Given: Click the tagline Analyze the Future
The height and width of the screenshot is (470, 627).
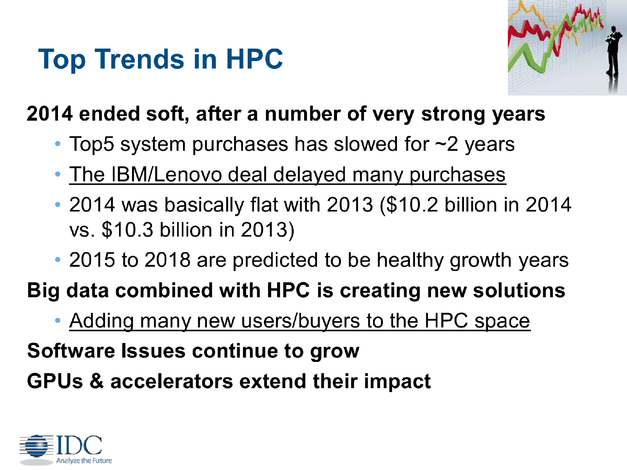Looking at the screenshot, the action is tap(84, 461).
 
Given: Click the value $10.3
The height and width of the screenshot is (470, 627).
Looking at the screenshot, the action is tap(128, 230).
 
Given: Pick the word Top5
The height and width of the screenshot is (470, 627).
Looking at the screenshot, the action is tap(92, 145).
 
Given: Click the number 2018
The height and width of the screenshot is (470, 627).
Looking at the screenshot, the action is tap(167, 260).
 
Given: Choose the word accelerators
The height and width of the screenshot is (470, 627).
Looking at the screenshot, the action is tap(172, 381).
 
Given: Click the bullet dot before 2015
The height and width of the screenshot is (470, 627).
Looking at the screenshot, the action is tap(58, 260).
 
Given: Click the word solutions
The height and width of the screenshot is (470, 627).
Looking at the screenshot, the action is tap(519, 291).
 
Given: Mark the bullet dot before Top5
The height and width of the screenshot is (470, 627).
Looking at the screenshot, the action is tap(58, 144).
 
